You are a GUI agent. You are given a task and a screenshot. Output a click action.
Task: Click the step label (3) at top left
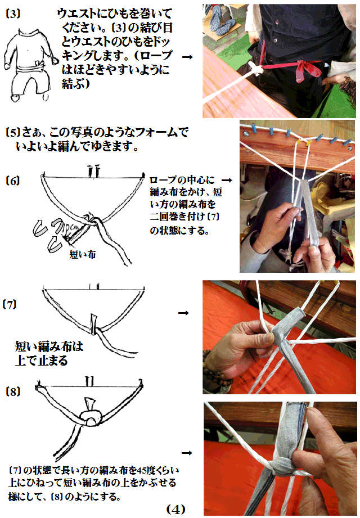pos(13,13)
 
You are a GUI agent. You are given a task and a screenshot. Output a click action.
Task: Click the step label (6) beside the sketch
pos(13,181)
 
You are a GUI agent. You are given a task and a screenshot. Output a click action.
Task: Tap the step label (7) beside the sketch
pos(10,304)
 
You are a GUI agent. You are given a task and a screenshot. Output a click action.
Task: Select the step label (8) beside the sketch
pos(13,391)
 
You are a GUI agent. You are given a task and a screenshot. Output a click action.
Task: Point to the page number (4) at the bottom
pos(175,509)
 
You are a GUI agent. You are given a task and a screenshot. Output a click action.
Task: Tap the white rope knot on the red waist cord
pos(255,69)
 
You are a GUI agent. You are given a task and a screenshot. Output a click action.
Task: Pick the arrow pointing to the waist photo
pos(187,57)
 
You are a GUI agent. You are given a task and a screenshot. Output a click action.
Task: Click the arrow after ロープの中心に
pos(227,180)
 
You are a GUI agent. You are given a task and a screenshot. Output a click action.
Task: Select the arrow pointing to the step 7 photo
pos(183,313)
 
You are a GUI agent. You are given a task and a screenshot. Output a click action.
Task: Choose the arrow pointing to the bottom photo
pos(187,453)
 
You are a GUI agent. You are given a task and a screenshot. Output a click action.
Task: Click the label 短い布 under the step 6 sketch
pos(83,254)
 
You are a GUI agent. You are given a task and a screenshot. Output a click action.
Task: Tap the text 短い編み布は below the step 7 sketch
pos(49,346)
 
